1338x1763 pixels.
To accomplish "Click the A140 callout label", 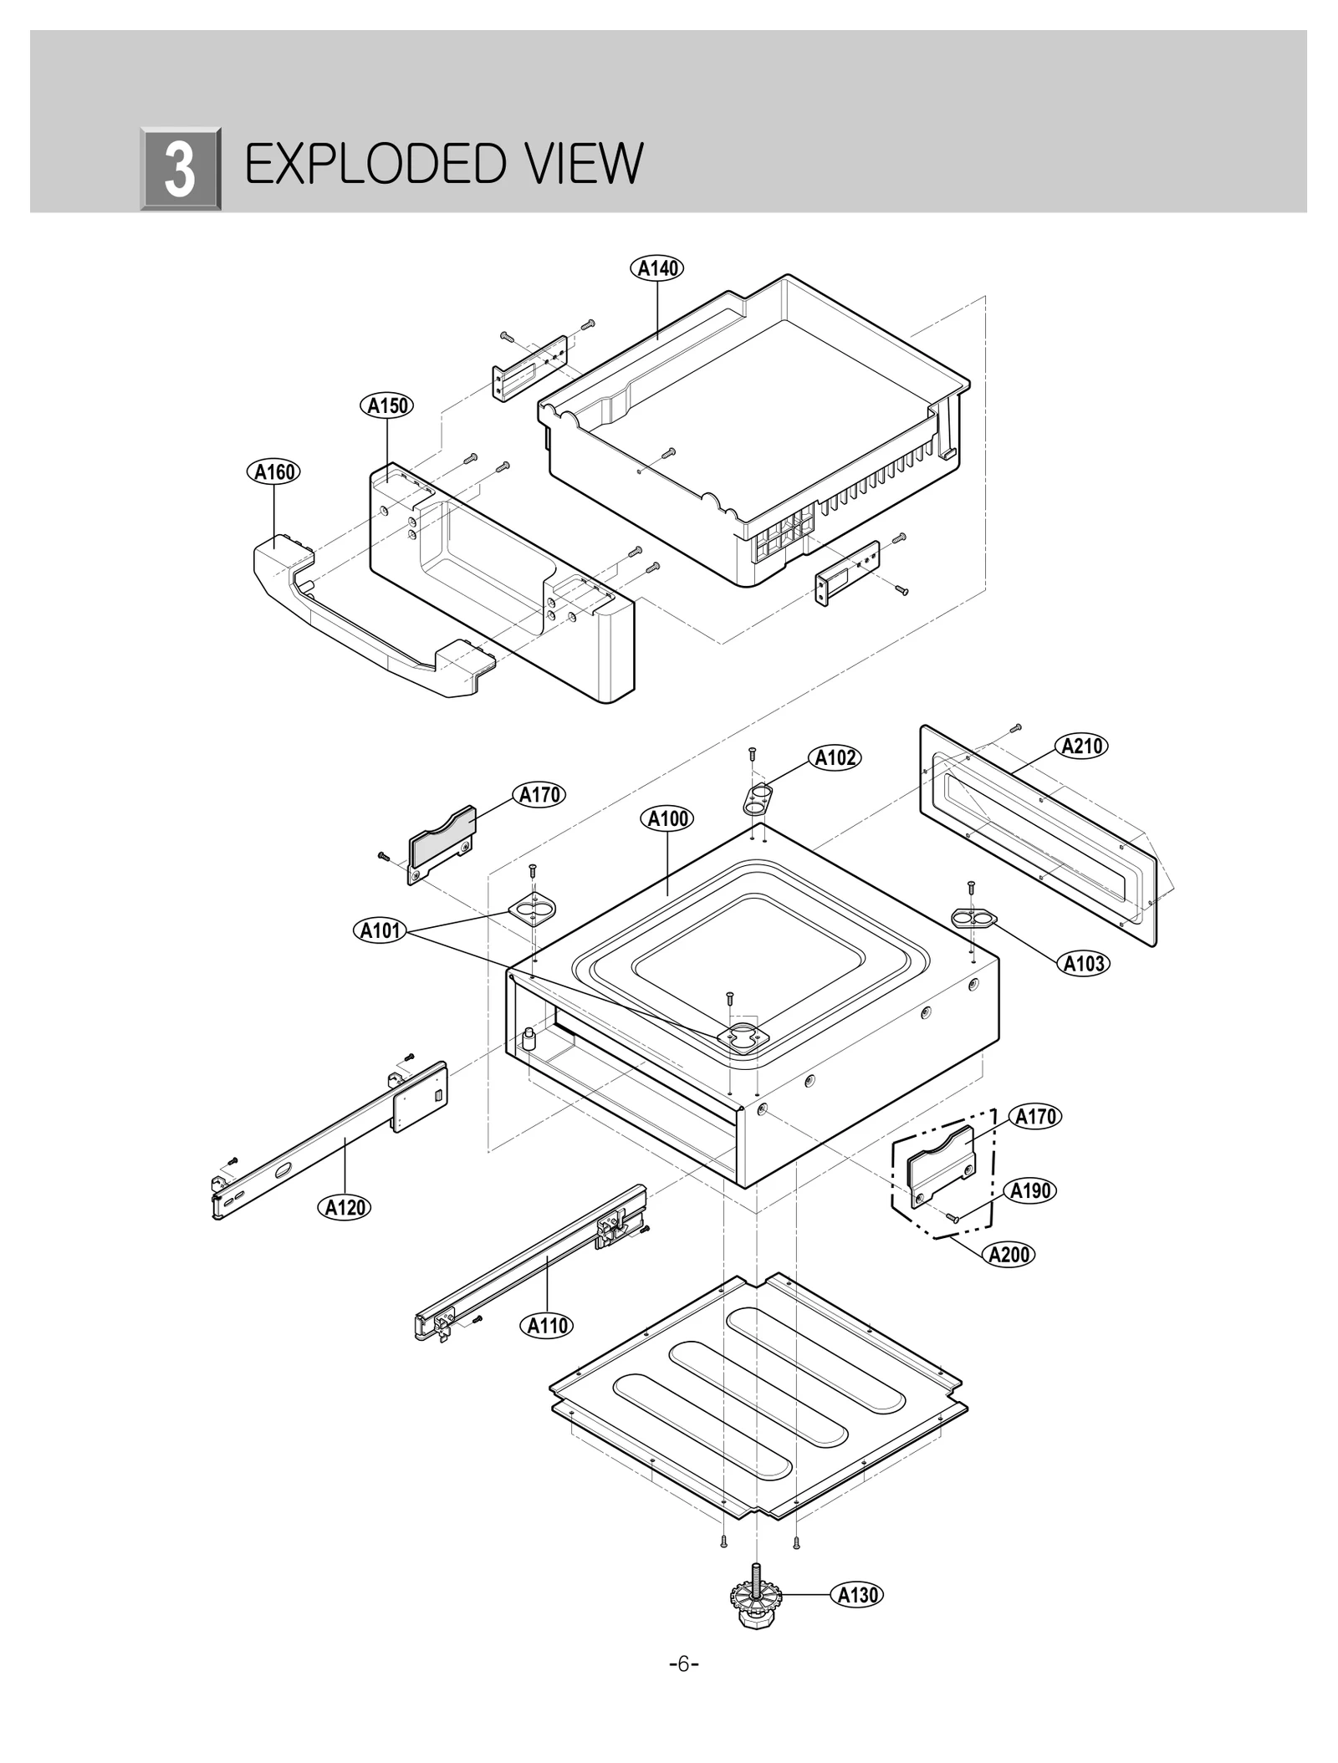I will (x=656, y=268).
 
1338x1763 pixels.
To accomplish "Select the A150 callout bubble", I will (x=388, y=406).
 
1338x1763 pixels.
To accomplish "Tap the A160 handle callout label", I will (x=273, y=472).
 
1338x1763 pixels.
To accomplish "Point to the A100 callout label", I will (x=668, y=818).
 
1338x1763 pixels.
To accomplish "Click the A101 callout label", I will (x=380, y=930).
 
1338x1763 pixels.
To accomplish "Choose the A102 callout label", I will (x=835, y=758).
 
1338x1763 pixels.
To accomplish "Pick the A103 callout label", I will (x=1084, y=964).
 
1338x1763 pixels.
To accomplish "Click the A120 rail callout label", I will (x=345, y=1207).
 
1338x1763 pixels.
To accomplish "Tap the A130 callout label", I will (x=858, y=1595).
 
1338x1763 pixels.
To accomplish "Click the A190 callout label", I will (x=1029, y=1190).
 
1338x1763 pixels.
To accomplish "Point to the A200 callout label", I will (x=1009, y=1254).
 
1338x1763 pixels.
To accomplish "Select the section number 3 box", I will (x=180, y=170).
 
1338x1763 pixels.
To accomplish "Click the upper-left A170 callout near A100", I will (x=539, y=795).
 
